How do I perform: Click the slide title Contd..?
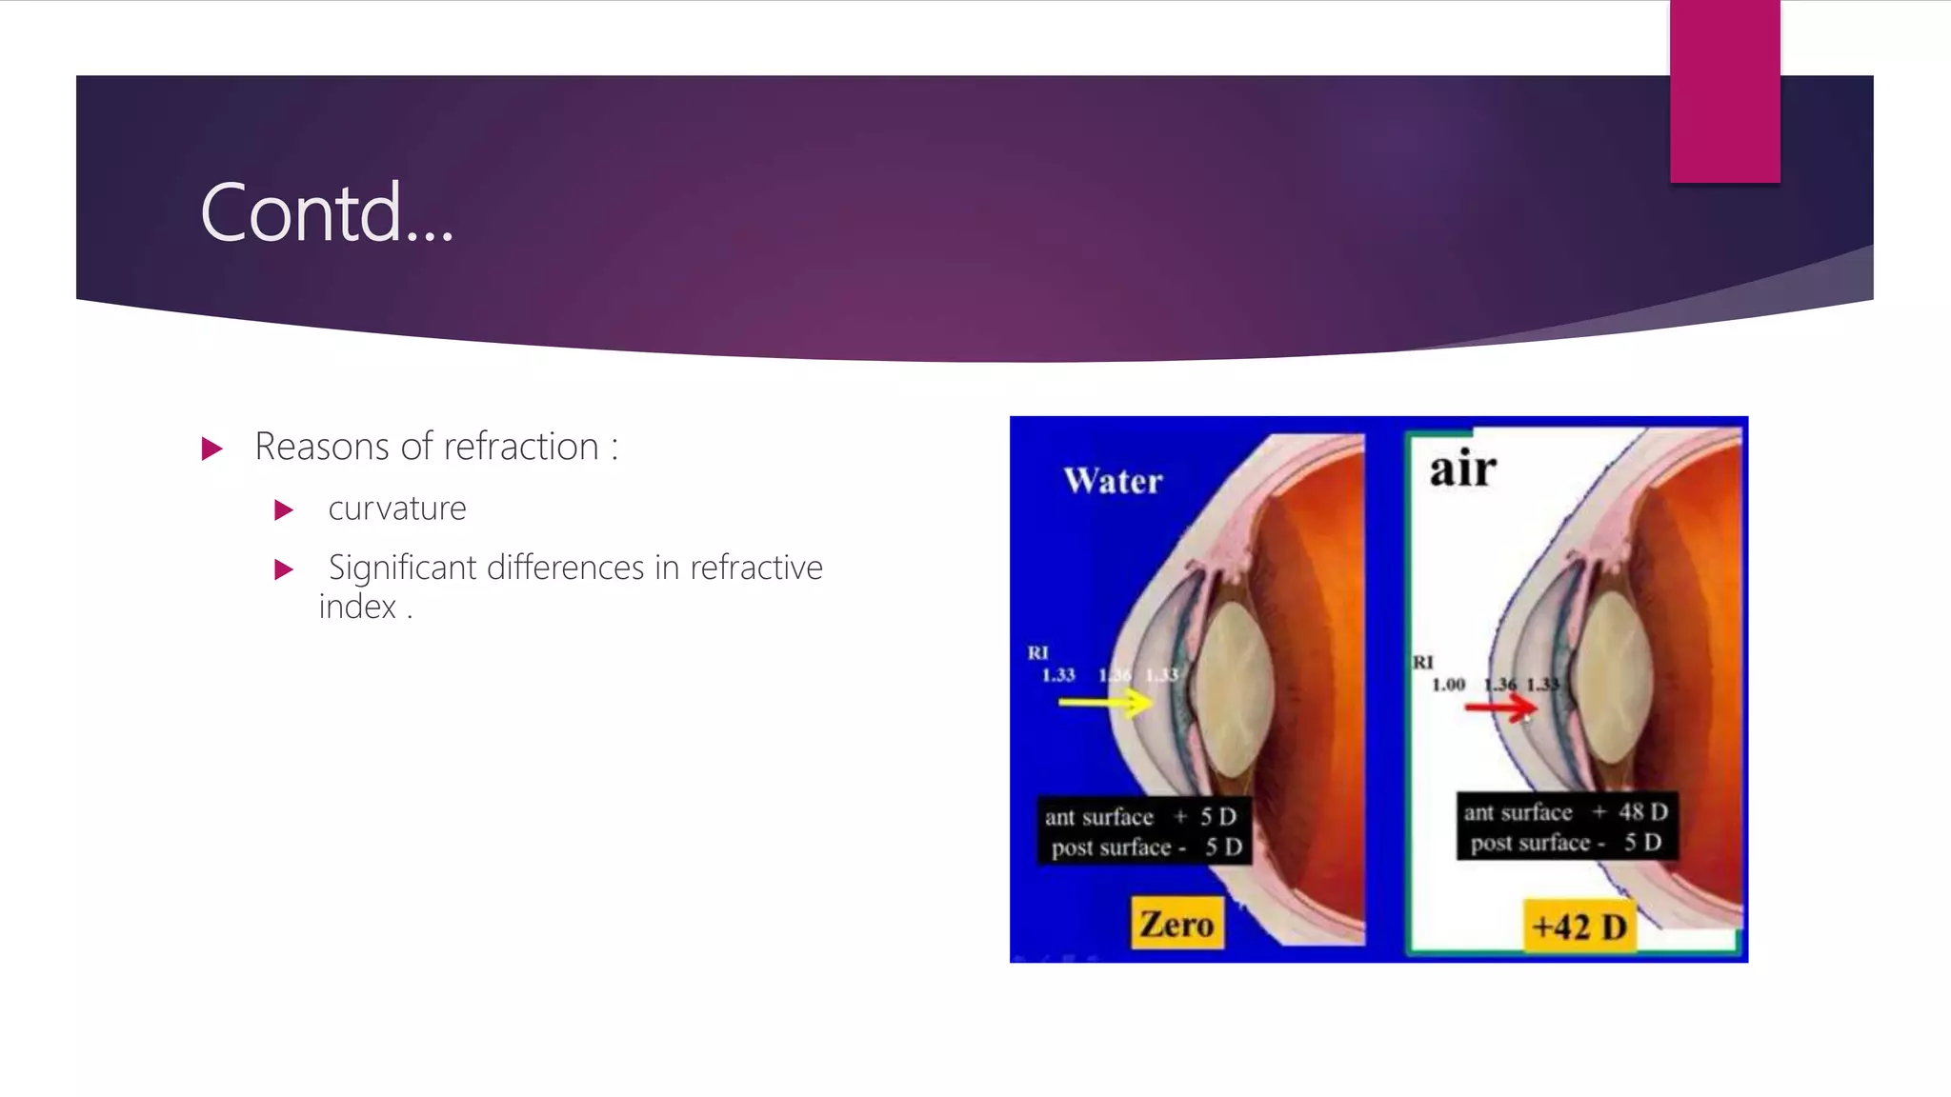pyautogui.click(x=326, y=213)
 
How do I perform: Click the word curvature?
pyautogui.click(x=396, y=509)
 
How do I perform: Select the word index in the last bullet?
pyautogui.click(x=356, y=607)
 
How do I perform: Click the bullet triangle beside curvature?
pyautogui.click(x=283, y=510)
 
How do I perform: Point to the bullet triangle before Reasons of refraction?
pyautogui.click(x=211, y=449)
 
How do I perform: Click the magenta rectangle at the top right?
pyautogui.click(x=1724, y=91)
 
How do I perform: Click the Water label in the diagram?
pyautogui.click(x=1113, y=481)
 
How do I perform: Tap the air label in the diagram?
pyautogui.click(x=1462, y=469)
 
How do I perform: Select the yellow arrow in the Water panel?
pyautogui.click(x=1105, y=704)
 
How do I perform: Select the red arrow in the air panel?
pyautogui.click(x=1500, y=708)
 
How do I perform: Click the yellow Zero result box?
pyautogui.click(x=1177, y=924)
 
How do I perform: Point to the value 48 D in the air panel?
pyautogui.click(x=1643, y=812)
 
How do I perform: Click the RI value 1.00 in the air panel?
pyautogui.click(x=1448, y=685)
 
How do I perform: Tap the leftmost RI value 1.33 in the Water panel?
pyautogui.click(x=1057, y=675)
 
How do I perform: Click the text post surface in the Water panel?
pyautogui.click(x=1111, y=848)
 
